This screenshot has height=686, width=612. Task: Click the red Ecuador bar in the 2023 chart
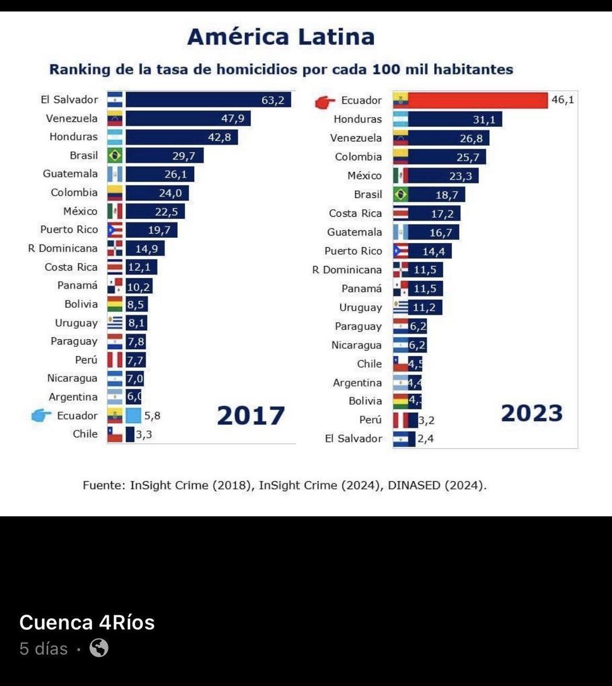click(x=477, y=100)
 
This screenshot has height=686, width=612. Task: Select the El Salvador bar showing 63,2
click(x=208, y=99)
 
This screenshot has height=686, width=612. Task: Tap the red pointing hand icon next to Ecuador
click(x=325, y=102)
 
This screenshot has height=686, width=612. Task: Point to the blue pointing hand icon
click(x=41, y=416)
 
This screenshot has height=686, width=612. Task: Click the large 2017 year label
click(x=250, y=416)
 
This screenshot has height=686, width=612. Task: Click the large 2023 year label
click(x=531, y=413)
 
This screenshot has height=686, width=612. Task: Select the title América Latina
click(x=281, y=37)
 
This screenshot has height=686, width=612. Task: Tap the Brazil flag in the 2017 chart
click(x=115, y=155)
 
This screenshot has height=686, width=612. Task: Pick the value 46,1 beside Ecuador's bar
click(x=562, y=100)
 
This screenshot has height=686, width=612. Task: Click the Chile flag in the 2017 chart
click(x=115, y=434)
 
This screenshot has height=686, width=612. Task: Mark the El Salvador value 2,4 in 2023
click(x=425, y=439)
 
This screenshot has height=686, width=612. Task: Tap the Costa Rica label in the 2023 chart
click(x=355, y=213)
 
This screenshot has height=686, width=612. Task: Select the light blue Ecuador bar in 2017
click(x=133, y=416)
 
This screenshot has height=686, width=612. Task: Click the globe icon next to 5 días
click(x=99, y=648)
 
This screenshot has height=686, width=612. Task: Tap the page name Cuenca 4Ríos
click(x=87, y=622)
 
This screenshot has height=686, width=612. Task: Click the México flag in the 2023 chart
click(x=401, y=176)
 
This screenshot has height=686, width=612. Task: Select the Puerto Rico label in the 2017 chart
click(x=69, y=230)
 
